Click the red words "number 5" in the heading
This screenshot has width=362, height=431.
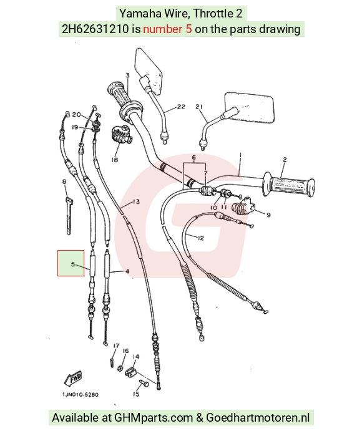pyautogui.click(x=167, y=29)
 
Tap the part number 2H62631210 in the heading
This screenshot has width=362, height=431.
pyautogui.click(x=95, y=29)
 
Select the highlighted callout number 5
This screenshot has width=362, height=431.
pyautogui.click(x=72, y=264)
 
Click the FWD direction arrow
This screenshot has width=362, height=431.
pyautogui.click(x=73, y=378)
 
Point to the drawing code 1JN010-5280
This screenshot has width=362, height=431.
pyautogui.click(x=81, y=395)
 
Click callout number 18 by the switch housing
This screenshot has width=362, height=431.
pyautogui.click(x=115, y=160)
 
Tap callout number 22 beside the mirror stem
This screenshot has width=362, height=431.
pyautogui.click(x=181, y=107)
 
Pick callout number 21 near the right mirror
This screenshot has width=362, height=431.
pyautogui.click(x=198, y=107)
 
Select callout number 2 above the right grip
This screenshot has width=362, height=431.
pyautogui.click(x=285, y=160)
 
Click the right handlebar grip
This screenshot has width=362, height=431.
pyautogui.click(x=289, y=184)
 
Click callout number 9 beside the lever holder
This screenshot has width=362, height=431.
pyautogui.click(x=268, y=215)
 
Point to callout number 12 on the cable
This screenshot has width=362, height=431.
pyautogui.click(x=201, y=238)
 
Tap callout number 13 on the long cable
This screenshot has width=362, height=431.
pyautogui.click(x=136, y=201)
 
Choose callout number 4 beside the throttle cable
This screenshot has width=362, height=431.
pyautogui.click(x=127, y=271)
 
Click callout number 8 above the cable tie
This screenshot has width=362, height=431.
pyautogui.click(x=64, y=182)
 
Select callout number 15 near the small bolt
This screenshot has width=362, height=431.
pyautogui.click(x=136, y=394)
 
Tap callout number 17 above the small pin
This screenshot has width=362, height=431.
pyautogui.click(x=116, y=346)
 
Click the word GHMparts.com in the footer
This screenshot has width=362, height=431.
pyautogui.click(x=154, y=417)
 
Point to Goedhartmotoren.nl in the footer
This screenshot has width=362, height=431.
pyautogui.click(x=258, y=417)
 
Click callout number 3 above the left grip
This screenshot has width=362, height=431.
pyautogui.click(x=127, y=75)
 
